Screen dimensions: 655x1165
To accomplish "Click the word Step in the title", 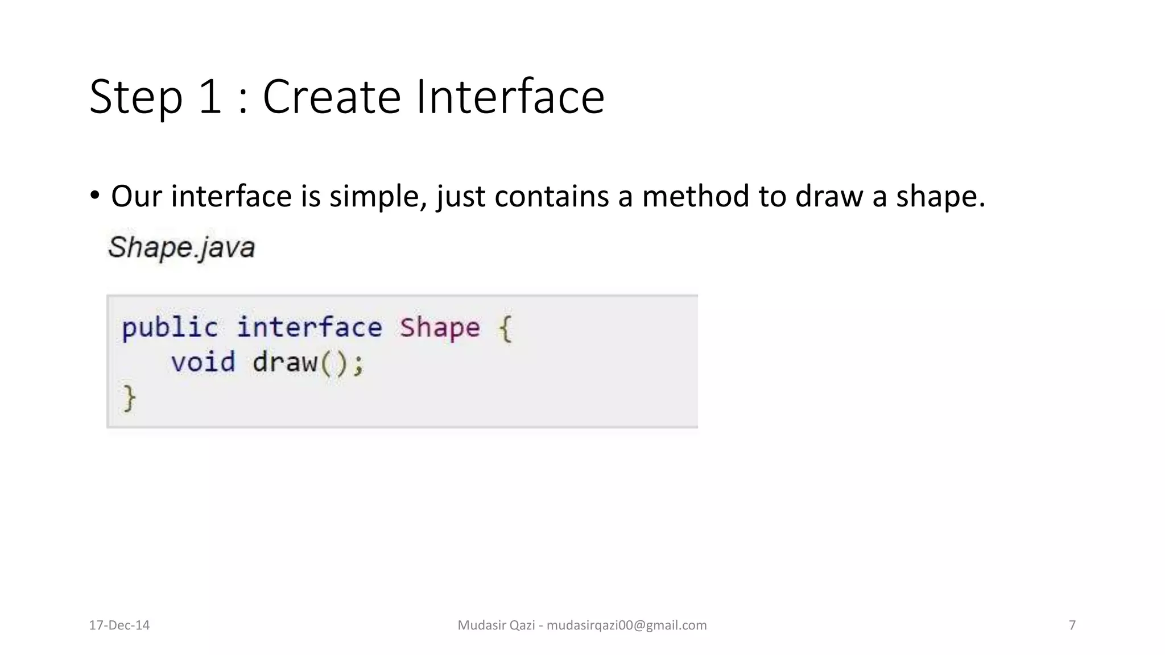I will click(x=136, y=98).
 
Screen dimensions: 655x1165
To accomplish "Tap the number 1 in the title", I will click(x=210, y=98).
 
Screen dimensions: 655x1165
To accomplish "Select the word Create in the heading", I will click(x=332, y=98).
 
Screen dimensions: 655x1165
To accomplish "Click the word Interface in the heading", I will click(x=510, y=98).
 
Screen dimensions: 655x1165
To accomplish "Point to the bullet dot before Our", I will click(x=94, y=196).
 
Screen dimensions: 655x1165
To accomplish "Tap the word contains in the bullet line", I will click(x=551, y=197).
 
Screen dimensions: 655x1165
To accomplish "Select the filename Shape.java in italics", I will click(x=181, y=248).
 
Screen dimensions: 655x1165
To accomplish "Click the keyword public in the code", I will click(x=170, y=329).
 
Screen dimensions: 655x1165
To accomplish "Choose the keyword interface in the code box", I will click(x=309, y=328).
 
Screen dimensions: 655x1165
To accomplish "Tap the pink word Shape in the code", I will click(x=439, y=328).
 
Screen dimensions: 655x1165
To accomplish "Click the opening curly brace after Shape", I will click(x=505, y=329).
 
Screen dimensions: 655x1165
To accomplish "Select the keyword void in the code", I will click(x=203, y=363).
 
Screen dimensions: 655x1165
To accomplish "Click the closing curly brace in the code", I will click(x=129, y=398).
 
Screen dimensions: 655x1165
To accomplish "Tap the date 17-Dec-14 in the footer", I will click(x=119, y=625).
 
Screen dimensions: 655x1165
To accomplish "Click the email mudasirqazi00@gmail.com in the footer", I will click(x=626, y=625).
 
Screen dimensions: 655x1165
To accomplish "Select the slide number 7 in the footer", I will click(x=1072, y=625).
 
